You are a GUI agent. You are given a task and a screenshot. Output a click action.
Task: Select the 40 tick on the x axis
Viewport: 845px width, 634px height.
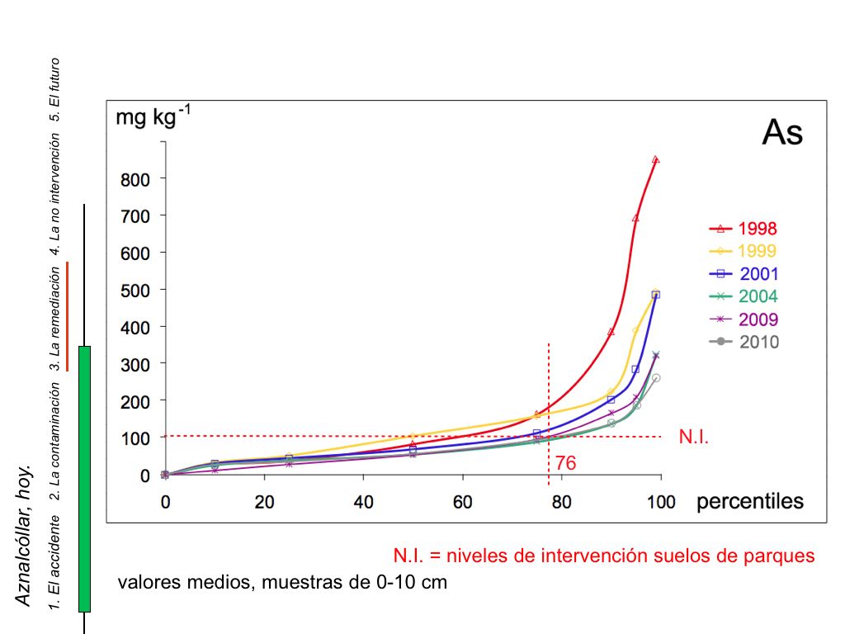pyautogui.click(x=363, y=501)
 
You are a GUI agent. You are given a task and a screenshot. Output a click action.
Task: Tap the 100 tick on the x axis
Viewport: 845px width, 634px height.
pyautogui.click(x=661, y=501)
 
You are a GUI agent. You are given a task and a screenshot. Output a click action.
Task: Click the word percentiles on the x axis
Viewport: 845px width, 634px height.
pyautogui.click(x=750, y=502)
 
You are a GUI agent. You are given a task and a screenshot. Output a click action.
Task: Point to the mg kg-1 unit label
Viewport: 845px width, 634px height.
pyautogui.click(x=153, y=118)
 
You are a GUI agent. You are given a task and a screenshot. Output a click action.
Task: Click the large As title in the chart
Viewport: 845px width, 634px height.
pyautogui.click(x=781, y=132)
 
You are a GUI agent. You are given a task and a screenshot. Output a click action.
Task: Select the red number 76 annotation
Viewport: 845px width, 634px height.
pyautogui.click(x=565, y=464)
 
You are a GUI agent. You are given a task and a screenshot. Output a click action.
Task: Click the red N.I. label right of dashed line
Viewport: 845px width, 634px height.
pyautogui.click(x=694, y=437)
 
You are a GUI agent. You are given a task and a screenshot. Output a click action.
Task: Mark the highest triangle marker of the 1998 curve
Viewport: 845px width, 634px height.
pyautogui.click(x=655, y=159)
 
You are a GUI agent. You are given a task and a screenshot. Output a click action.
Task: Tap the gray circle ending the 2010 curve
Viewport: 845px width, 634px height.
pyautogui.click(x=656, y=378)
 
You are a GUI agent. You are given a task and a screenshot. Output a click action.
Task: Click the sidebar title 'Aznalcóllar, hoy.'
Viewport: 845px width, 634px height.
pyautogui.click(x=24, y=536)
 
